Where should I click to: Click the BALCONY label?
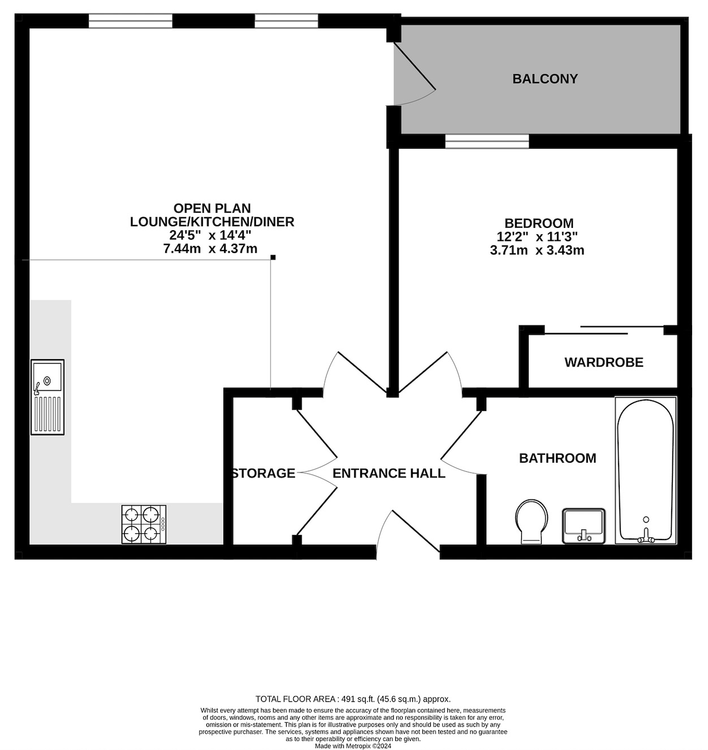(545, 79)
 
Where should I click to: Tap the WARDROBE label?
(603, 362)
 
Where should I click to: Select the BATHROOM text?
(557, 458)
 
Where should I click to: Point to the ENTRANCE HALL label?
(388, 473)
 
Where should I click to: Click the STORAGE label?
(264, 473)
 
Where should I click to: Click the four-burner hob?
(144, 524)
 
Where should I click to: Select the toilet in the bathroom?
(532, 521)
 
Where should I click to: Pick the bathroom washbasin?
(584, 525)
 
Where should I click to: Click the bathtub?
(645, 469)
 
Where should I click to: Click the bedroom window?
(487, 141)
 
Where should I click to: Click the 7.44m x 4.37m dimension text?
(210, 249)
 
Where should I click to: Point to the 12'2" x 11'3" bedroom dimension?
(537, 237)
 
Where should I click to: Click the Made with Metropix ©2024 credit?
(353, 745)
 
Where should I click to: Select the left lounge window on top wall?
(130, 21)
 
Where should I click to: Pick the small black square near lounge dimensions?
(273, 257)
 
